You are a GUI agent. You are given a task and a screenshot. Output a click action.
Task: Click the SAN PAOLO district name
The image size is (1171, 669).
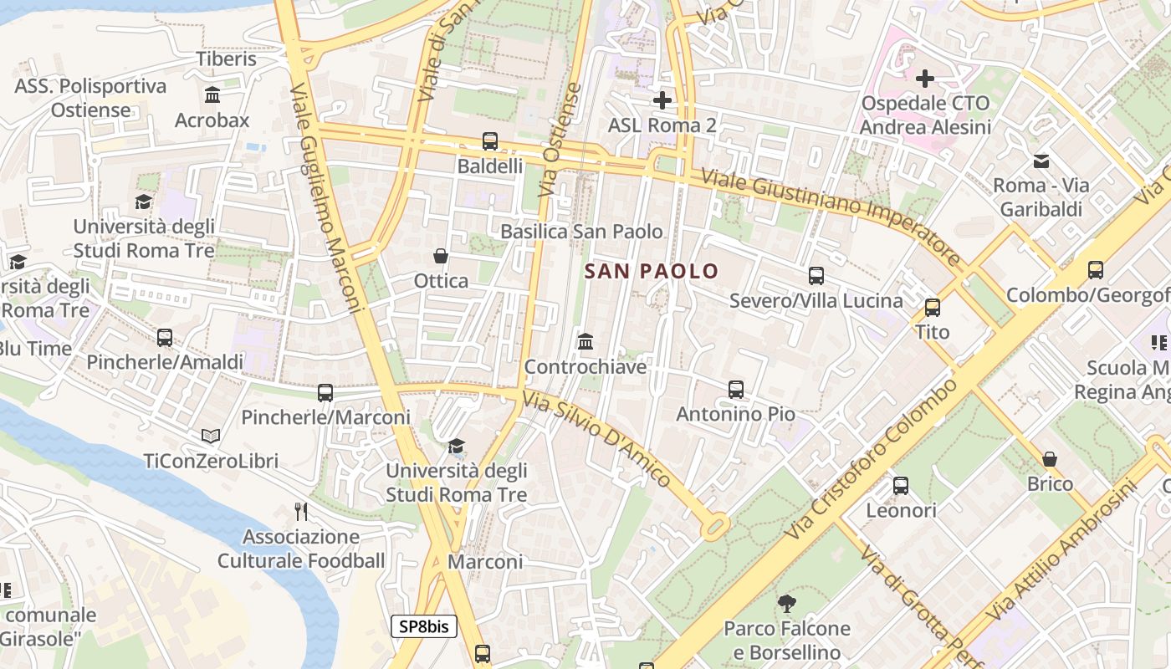652,271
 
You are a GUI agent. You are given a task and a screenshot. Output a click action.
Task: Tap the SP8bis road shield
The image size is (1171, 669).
424,626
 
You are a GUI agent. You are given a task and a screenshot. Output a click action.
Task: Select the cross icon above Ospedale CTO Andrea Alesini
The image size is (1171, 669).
925,79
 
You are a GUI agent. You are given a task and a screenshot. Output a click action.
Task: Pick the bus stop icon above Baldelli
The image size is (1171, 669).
490,141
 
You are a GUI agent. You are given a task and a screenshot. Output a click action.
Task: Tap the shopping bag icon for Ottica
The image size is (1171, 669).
441,256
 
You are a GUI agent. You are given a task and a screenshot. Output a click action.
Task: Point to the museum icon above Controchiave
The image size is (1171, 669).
585,342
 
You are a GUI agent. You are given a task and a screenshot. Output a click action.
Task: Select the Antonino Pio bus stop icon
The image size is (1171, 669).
736,390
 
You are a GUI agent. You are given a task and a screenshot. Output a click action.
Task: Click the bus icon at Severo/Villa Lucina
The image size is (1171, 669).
816,276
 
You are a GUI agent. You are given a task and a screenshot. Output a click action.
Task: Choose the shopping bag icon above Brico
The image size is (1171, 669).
1050,459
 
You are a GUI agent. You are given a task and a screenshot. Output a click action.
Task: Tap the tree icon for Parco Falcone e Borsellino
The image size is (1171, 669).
786,603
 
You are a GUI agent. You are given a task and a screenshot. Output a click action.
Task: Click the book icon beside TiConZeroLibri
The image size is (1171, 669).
211,437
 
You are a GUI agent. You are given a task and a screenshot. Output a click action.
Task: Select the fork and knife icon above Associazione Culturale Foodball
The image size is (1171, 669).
301,511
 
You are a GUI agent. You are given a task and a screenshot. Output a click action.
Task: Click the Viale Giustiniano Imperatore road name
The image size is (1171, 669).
832,217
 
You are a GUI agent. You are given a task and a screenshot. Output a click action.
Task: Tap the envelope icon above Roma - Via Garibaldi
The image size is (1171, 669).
1041,161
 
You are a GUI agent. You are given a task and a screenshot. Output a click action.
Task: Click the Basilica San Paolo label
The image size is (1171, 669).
581,232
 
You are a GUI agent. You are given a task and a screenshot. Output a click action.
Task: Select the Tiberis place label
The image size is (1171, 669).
226,59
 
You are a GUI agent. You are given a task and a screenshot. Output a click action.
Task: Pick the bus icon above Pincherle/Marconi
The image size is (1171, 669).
325,393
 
